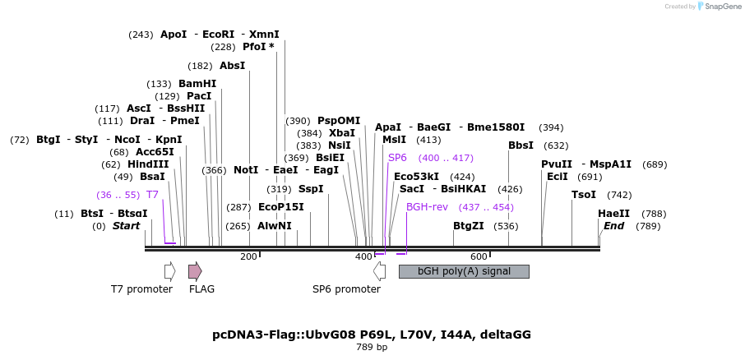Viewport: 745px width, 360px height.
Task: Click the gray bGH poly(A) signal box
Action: [x=464, y=271]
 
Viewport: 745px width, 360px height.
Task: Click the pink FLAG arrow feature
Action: [x=195, y=271]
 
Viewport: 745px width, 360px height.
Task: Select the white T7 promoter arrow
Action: [x=169, y=271]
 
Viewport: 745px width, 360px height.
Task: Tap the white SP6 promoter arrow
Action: [x=379, y=271]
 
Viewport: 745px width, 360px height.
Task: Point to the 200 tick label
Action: [x=248, y=257]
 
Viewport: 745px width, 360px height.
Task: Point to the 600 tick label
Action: [x=479, y=257]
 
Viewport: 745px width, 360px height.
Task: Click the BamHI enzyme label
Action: [x=197, y=84]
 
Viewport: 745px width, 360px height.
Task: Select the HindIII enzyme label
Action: [x=147, y=164]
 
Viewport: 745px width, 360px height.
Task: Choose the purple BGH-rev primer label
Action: [x=427, y=206]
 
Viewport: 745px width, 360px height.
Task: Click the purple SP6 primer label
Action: [x=397, y=158]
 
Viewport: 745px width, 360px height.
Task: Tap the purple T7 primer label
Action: [x=152, y=195]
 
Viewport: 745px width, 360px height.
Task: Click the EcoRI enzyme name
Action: [x=219, y=35]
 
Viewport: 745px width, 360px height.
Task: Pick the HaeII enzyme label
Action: [x=613, y=214]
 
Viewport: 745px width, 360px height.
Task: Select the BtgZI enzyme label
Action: [x=469, y=225]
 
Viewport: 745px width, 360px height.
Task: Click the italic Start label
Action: [x=127, y=225]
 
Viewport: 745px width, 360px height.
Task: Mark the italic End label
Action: [x=614, y=225]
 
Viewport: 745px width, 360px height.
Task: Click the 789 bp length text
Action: [x=371, y=348]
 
